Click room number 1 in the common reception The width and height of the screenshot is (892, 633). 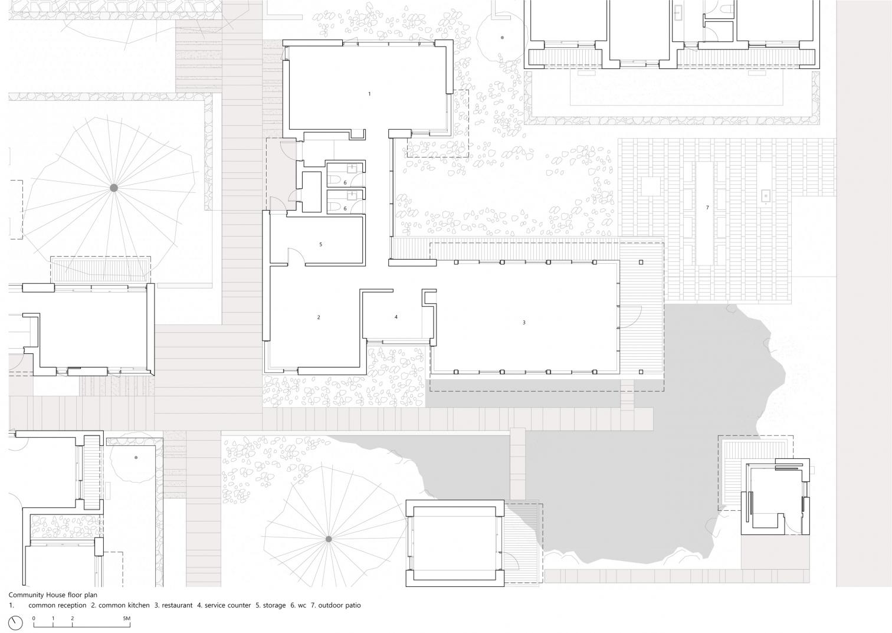(369, 94)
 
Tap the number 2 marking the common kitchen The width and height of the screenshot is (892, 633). (319, 317)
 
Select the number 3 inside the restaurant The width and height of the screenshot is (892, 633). (524, 323)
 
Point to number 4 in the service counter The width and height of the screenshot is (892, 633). (396, 317)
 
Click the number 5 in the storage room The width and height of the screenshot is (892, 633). (320, 244)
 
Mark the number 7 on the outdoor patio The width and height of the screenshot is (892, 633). (707, 208)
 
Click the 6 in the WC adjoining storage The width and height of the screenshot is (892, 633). (345, 209)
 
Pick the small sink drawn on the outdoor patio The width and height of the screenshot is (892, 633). (765, 196)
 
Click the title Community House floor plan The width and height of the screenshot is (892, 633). (53, 595)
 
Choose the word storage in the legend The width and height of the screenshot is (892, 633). (274, 605)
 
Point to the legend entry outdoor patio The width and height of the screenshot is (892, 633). (339, 605)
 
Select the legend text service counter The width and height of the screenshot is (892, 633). (228, 605)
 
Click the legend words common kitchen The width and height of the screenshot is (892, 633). (124, 605)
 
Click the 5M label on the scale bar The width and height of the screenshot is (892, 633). (126, 618)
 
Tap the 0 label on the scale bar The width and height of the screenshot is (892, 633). (34, 618)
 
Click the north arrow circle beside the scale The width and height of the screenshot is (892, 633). (15, 623)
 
